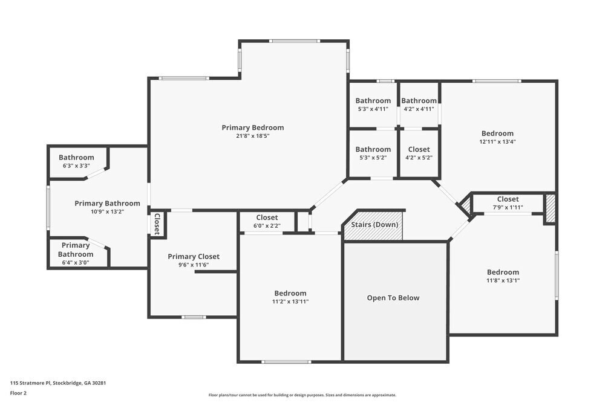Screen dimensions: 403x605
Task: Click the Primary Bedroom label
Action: pyautogui.click(x=252, y=127)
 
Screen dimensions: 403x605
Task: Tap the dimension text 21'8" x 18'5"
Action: pyautogui.click(x=252, y=136)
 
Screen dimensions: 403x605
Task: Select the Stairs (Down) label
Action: pyautogui.click(x=374, y=225)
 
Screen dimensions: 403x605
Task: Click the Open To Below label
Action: pyautogui.click(x=393, y=298)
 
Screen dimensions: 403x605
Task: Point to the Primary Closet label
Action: pyautogui.click(x=194, y=257)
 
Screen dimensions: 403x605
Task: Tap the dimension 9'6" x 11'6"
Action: pyautogui.click(x=194, y=265)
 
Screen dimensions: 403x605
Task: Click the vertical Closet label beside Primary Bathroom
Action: pyautogui.click(x=157, y=224)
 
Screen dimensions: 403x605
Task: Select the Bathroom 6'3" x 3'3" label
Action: pyautogui.click(x=76, y=157)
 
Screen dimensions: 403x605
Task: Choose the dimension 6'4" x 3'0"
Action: pyautogui.click(x=76, y=262)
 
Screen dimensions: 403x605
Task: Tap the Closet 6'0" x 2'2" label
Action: pyautogui.click(x=267, y=218)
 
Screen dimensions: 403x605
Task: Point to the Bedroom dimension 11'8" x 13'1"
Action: pyautogui.click(x=503, y=280)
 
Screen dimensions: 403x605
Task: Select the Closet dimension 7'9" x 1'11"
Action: pyautogui.click(x=508, y=207)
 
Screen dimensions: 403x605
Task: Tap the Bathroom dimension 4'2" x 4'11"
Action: pyautogui.click(x=419, y=109)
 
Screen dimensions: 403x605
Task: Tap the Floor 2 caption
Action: pyautogui.click(x=18, y=393)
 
